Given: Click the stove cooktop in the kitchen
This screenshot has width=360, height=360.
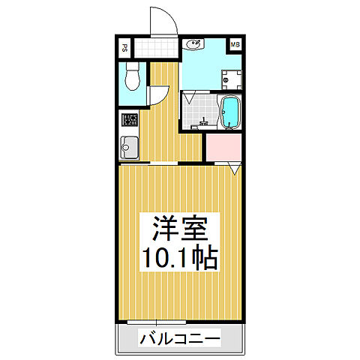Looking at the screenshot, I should pyautogui.click(x=129, y=120).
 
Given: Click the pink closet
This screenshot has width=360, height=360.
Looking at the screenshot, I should pyautogui.click(x=223, y=147).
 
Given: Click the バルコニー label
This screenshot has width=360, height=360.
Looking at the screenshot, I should pyautogui.click(x=179, y=340).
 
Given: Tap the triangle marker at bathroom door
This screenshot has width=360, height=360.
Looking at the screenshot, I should pyautogui.click(x=190, y=97).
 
